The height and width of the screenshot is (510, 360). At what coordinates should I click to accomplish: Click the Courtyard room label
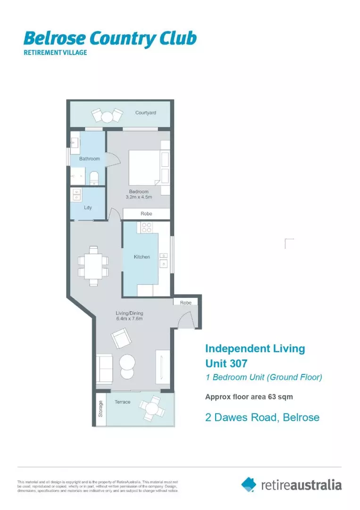[145, 113]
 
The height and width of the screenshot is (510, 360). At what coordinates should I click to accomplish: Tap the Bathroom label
[89, 159]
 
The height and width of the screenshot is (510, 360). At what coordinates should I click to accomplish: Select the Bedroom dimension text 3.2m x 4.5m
[139, 197]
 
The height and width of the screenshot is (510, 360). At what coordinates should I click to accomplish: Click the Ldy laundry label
[88, 207]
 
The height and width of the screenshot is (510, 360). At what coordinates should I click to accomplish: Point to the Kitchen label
[142, 257]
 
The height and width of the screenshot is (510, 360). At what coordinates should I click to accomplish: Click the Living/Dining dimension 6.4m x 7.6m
[129, 319]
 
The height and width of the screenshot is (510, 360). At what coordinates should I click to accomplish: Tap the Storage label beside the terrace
[100, 409]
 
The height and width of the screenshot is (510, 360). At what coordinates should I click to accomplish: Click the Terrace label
[122, 402]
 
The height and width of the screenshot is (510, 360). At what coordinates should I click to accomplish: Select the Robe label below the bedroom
[146, 214]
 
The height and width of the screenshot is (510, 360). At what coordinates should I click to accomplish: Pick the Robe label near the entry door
[185, 303]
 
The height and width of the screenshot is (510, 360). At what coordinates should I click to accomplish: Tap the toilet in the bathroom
[93, 178]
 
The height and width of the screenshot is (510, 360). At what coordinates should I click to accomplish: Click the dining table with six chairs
[93, 266]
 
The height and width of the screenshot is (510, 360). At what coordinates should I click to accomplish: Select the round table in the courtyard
[107, 115]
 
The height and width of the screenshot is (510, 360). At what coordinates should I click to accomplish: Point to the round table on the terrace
[152, 406]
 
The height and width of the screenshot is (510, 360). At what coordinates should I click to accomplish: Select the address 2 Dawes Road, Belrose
[262, 417]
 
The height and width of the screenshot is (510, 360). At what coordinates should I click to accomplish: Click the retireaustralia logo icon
[249, 484]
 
